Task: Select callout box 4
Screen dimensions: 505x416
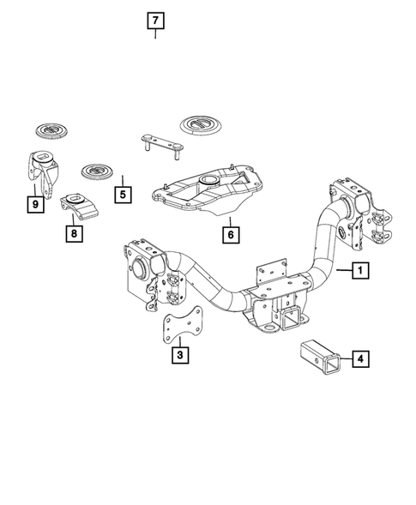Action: click(361, 359)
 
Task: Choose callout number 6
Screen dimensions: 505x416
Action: click(230, 232)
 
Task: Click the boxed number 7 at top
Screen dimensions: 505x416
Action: click(154, 20)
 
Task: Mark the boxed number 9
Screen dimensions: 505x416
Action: click(35, 204)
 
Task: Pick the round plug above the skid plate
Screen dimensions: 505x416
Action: click(202, 124)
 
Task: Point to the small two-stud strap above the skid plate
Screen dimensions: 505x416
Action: click(161, 142)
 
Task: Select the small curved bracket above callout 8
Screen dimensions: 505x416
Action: click(77, 207)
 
